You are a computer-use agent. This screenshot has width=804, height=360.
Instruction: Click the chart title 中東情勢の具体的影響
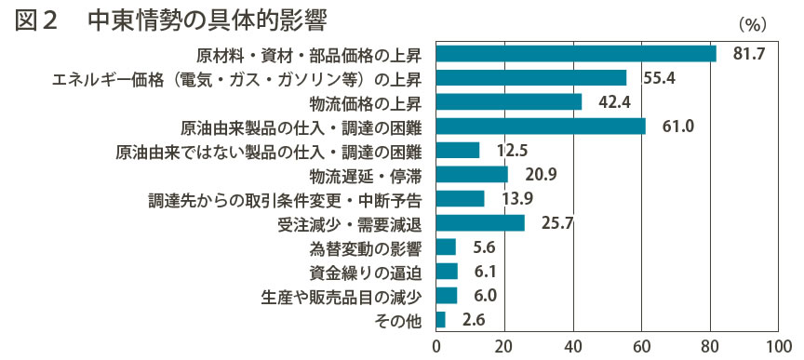coord(208,20)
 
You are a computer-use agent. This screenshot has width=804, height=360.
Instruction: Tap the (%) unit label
coord(752,24)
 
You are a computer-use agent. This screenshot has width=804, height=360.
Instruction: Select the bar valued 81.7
coord(576,53)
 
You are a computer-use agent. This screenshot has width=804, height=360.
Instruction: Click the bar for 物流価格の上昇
coord(509,101)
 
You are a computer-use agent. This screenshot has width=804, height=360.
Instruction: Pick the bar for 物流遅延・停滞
coord(472,174)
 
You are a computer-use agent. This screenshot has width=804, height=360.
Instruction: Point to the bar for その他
coord(440,319)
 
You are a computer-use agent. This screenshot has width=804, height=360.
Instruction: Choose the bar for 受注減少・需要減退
coord(480,222)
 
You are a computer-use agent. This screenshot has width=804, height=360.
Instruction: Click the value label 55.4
coord(659,78)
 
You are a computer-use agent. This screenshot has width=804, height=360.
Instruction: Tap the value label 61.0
coord(677,127)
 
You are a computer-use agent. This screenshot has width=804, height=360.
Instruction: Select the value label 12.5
coord(512,151)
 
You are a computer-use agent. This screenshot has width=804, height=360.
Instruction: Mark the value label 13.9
coord(516,198)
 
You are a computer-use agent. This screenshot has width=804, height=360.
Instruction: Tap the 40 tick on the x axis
coord(573,346)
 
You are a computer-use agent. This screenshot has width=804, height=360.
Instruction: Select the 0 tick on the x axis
coord(436,346)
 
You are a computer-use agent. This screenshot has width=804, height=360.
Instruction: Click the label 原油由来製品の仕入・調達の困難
coord(301,127)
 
